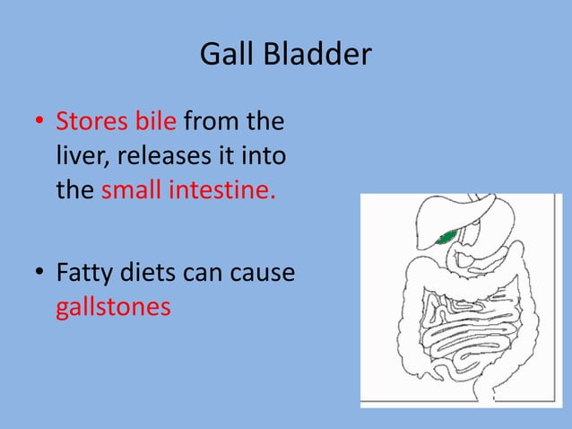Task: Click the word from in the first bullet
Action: click(x=212, y=121)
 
